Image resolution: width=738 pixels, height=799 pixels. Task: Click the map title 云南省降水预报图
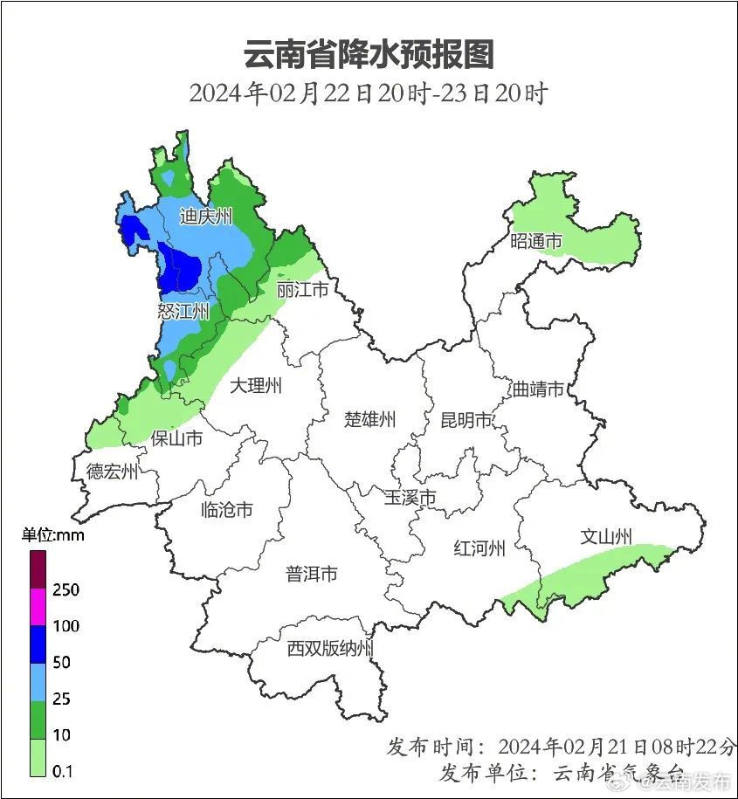pos(368,54)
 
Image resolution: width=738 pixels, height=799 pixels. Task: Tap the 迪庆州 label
pos(206,217)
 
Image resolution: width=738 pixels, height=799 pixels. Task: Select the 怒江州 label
pos(183,312)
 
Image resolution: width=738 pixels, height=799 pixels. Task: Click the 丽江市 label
pos(302,289)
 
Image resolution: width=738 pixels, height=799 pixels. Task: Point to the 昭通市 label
pos(536,242)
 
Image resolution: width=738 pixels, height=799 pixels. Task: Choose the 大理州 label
pos(256,385)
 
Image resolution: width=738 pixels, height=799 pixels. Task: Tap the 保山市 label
pos(177,437)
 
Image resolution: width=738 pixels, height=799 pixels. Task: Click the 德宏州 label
pos(112,472)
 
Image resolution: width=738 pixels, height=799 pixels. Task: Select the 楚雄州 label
pos(369,419)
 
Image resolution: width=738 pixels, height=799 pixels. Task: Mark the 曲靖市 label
pos(538,389)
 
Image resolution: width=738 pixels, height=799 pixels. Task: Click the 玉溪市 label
pos(410,498)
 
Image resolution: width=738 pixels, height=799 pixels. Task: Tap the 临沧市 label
pos(227,509)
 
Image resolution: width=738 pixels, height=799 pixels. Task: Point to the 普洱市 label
pos(312,574)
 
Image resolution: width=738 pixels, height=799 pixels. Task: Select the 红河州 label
pos(479,548)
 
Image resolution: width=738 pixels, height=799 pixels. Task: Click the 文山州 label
pos(606,537)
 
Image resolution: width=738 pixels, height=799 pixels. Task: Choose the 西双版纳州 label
pos(331,649)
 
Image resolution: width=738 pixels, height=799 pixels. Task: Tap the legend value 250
pos(66,590)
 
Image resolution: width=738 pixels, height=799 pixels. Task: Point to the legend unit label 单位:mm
pos(52,535)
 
